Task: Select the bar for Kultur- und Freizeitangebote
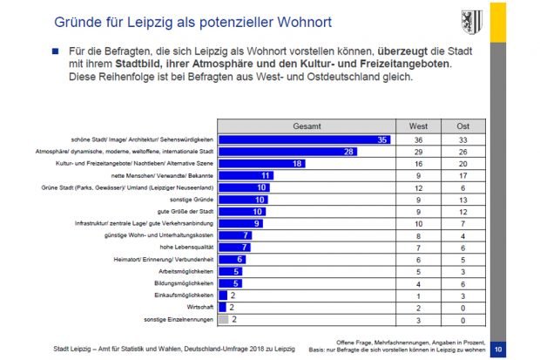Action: click(261, 164)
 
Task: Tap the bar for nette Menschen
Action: click(246, 175)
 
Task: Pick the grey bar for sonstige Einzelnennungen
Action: click(223, 319)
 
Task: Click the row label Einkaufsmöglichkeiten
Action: click(184, 295)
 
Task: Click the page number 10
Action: click(497, 350)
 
